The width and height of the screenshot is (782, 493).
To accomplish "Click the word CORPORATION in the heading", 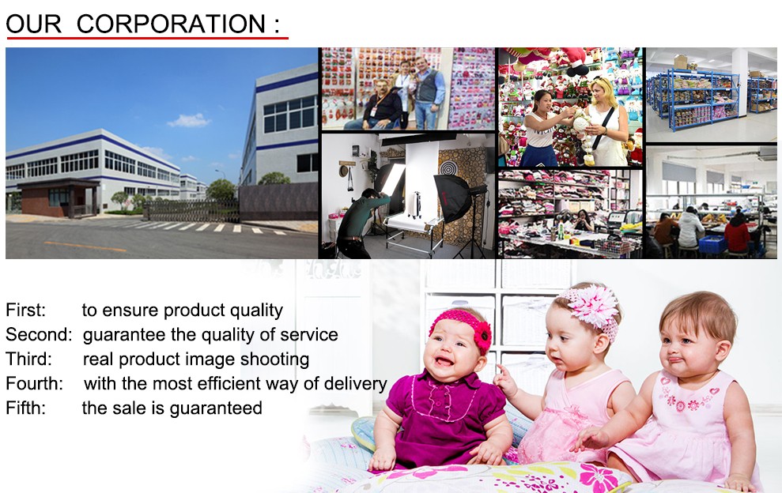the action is (171, 24).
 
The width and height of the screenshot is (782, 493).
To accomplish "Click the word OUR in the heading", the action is (33, 24).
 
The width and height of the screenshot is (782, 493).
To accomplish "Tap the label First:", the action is (25, 310).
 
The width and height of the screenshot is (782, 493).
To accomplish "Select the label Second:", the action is (39, 334).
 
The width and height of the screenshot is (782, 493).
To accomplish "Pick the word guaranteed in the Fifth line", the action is (216, 408).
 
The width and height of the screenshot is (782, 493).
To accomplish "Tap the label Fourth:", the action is (35, 383).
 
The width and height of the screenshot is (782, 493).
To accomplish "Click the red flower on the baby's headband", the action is (482, 337).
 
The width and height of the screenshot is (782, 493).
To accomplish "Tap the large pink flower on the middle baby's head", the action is (594, 305).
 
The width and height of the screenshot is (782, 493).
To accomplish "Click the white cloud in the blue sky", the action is (188, 121).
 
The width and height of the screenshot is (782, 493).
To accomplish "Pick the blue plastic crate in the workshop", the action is (712, 244).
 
